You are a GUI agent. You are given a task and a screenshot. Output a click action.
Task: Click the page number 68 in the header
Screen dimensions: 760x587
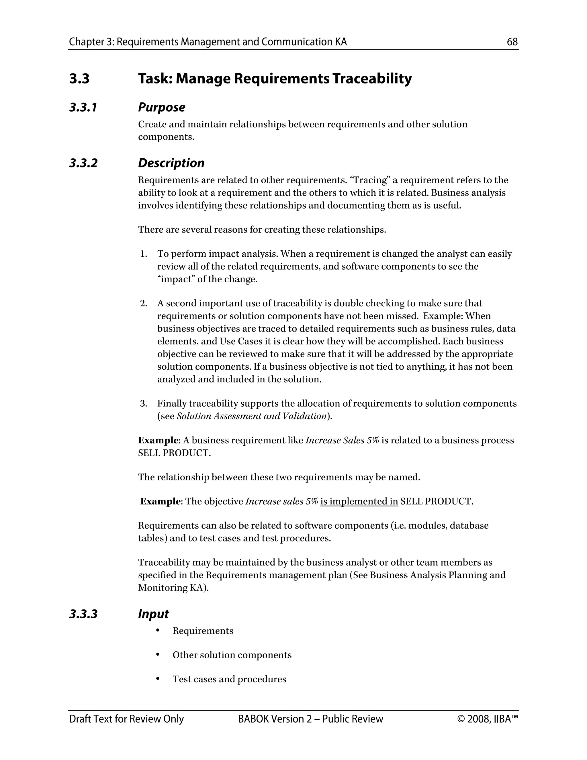(x=512, y=42)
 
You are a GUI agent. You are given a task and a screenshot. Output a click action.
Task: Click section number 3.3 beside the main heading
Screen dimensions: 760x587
(x=79, y=78)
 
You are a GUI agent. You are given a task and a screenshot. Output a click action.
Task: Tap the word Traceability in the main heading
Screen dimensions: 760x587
(x=372, y=78)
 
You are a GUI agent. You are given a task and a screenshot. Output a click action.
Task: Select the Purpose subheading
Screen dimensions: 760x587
(x=161, y=107)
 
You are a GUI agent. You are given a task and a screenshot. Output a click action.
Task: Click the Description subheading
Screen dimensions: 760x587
(x=171, y=163)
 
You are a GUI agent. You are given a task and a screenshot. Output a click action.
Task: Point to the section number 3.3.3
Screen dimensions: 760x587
(x=83, y=614)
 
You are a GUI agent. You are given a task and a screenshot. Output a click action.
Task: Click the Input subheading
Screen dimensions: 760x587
(x=153, y=614)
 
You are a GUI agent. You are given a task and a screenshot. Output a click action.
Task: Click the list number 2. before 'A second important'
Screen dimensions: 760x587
(x=144, y=303)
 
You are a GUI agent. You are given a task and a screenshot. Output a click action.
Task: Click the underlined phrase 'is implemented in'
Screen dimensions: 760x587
(x=359, y=501)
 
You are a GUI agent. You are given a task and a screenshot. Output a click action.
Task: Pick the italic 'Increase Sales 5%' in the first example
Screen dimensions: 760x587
(x=342, y=441)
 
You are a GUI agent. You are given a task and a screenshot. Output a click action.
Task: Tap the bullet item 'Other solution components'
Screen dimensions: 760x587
(x=232, y=655)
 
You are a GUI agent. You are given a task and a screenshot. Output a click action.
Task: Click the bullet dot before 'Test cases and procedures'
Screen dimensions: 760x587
(x=158, y=679)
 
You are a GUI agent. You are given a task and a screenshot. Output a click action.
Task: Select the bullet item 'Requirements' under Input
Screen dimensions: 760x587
(x=203, y=631)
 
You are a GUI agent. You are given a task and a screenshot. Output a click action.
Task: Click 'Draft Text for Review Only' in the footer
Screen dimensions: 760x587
(x=126, y=719)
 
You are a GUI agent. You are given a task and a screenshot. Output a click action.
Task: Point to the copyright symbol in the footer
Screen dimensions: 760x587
(x=461, y=719)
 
